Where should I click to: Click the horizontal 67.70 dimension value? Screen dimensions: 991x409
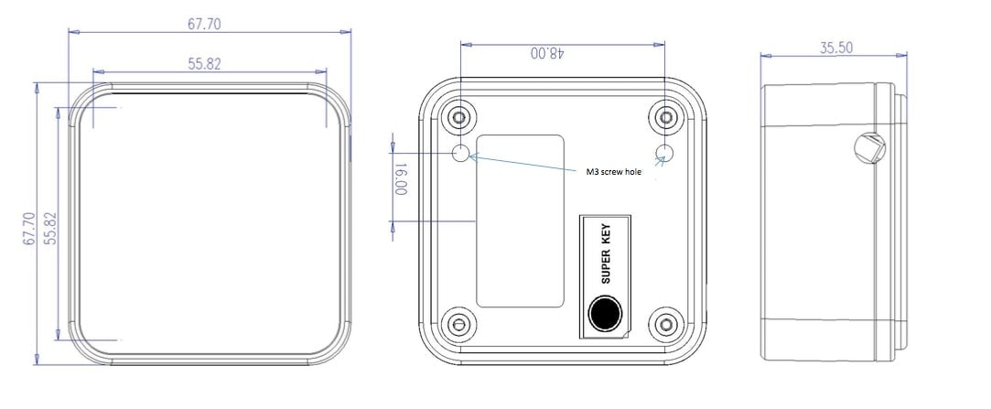click(x=204, y=24)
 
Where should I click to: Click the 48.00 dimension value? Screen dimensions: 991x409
click(x=547, y=53)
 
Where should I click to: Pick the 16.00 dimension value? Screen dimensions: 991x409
click(x=401, y=179)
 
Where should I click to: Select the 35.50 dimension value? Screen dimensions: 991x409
click(x=836, y=48)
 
